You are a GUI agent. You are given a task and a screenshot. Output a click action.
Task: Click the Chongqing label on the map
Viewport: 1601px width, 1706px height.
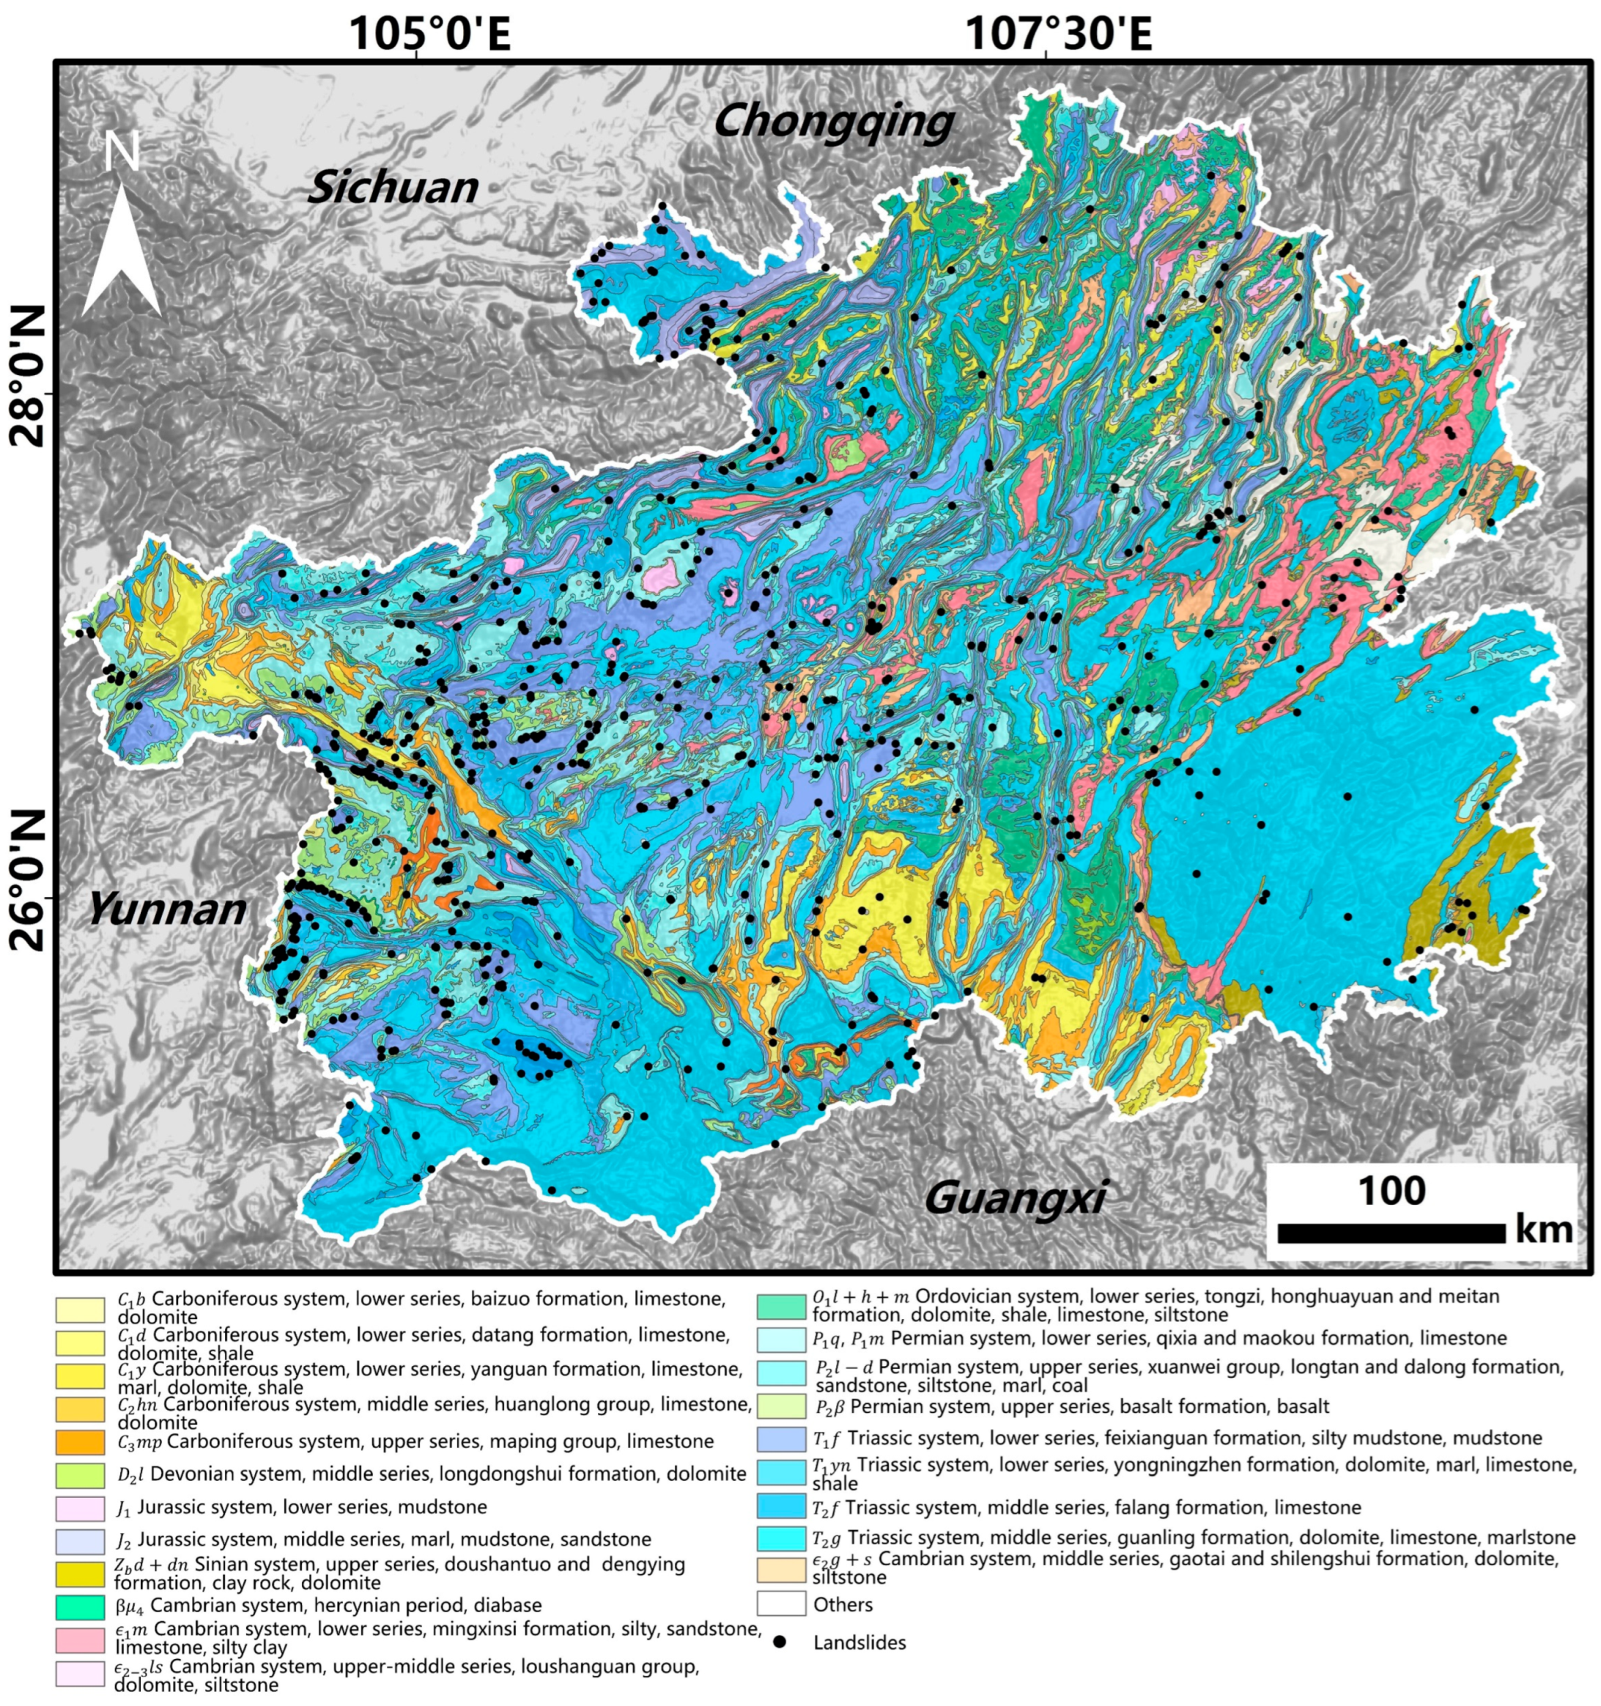coord(833,122)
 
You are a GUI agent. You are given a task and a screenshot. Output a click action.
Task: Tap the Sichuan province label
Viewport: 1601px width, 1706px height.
coord(393,187)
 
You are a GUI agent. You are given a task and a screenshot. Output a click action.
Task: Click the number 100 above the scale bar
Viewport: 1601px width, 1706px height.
coord(1391,1191)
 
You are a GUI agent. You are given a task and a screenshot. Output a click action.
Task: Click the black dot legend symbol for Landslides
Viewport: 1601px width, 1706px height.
coord(780,1642)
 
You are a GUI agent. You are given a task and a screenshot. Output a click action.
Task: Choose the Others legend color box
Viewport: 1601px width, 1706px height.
coord(781,1604)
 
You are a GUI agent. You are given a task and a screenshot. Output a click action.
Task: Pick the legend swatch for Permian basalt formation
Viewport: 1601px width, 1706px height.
coord(781,1406)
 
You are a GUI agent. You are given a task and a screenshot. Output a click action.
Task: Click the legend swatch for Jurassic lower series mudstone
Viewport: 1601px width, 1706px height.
coord(80,1507)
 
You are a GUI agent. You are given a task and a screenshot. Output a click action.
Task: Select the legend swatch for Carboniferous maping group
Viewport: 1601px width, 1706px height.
coord(80,1441)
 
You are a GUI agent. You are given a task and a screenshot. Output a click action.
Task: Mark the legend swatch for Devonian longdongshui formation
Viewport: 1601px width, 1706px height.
coord(80,1474)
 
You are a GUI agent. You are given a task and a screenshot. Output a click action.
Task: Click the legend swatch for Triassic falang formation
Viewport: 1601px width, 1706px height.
coord(781,1507)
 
